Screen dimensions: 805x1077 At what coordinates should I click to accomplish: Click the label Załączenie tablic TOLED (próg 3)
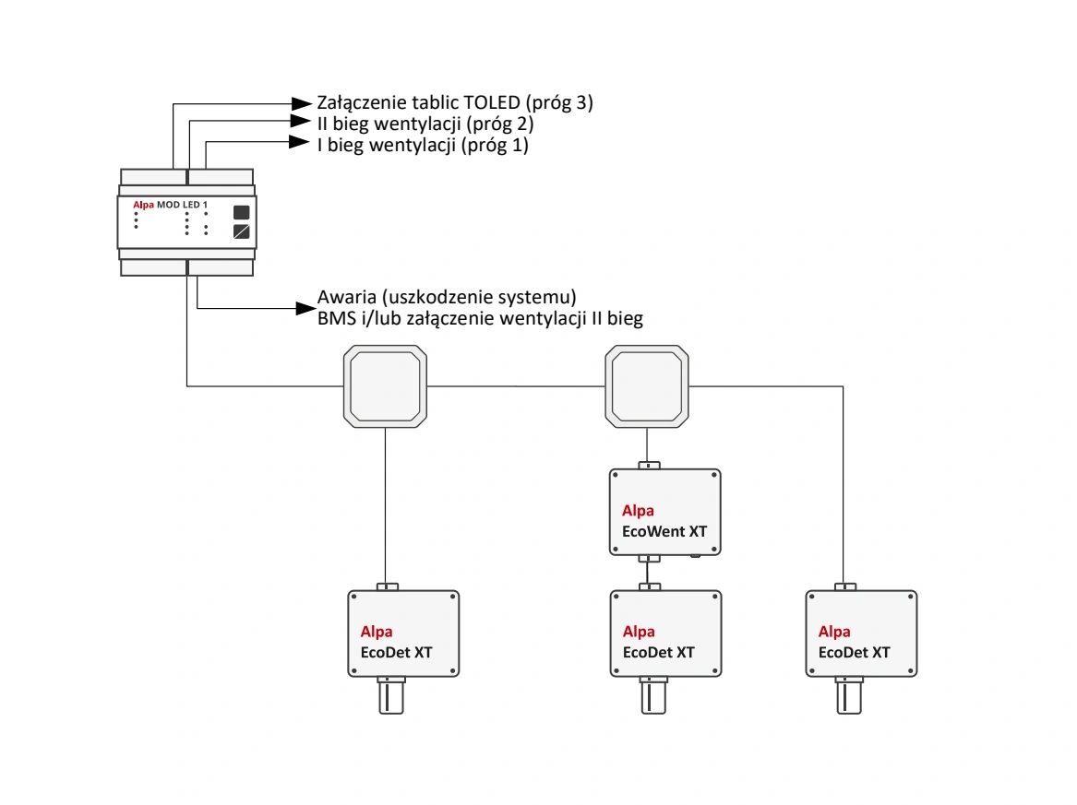(x=454, y=103)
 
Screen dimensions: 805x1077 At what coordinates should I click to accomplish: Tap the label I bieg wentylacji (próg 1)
(x=423, y=145)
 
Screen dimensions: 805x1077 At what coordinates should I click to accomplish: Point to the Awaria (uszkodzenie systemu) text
(x=447, y=298)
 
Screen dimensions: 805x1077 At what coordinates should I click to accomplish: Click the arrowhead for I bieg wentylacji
(x=297, y=143)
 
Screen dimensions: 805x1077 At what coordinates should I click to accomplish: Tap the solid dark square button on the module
(x=242, y=211)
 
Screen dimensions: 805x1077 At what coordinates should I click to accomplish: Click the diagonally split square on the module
(x=242, y=231)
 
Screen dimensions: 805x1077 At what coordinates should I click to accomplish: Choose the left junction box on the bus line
(x=385, y=386)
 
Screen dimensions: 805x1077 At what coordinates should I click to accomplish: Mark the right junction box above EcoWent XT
(x=646, y=386)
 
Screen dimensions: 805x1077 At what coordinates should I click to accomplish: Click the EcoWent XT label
(x=664, y=531)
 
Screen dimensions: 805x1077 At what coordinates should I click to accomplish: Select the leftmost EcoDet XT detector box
(x=403, y=634)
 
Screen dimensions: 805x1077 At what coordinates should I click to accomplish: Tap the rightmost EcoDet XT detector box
(x=860, y=634)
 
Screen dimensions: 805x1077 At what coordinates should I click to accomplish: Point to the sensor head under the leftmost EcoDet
(x=392, y=696)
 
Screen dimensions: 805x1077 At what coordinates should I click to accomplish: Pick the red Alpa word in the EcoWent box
(x=638, y=511)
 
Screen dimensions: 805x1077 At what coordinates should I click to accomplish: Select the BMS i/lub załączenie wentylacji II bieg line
(x=480, y=319)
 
